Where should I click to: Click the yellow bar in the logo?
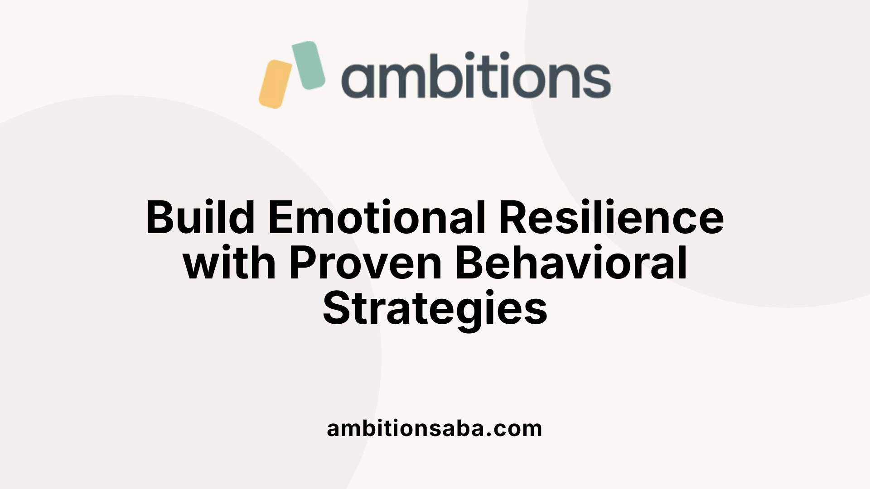tap(275, 84)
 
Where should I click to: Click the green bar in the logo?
tap(309, 65)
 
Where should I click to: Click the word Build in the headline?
tap(200, 218)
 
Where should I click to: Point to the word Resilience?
tap(611, 218)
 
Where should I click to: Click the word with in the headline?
tap(229, 263)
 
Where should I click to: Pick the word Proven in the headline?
tap(365, 263)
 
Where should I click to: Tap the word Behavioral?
tap(571, 263)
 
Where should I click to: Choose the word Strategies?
tap(435, 309)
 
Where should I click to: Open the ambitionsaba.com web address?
tap(434, 429)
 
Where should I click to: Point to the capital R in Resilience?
tap(513, 218)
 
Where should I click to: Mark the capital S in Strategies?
tap(337, 309)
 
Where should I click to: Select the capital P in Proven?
tap(303, 263)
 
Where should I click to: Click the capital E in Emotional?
tap(281, 218)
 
